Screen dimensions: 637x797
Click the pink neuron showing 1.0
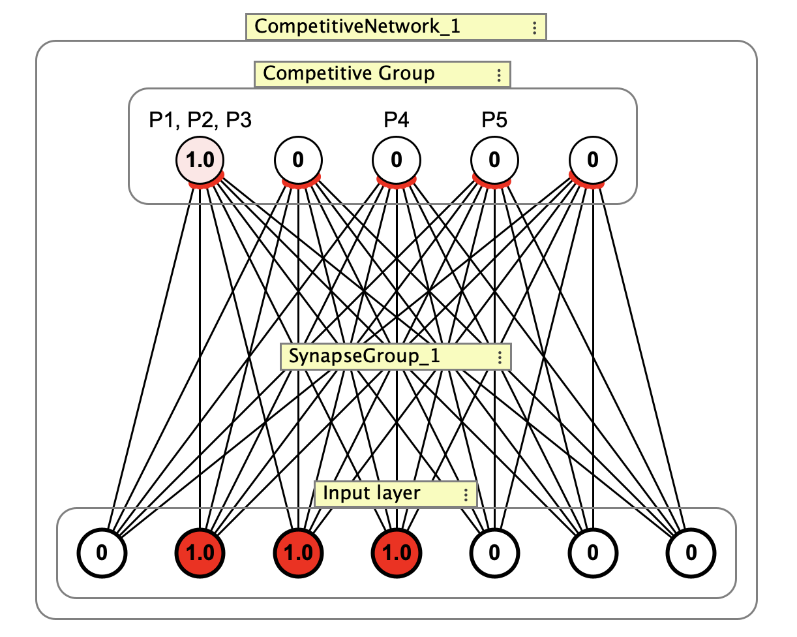point(200,160)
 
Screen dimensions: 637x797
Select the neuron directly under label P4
point(396,160)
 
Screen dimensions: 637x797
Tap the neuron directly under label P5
point(494,160)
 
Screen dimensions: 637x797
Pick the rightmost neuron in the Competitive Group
point(592,160)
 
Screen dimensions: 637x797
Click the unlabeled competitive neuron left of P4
point(298,160)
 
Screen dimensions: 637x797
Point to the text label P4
point(396,121)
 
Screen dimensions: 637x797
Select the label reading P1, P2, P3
point(200,121)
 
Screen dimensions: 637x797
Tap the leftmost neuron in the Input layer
point(102,553)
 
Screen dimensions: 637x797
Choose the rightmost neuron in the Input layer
point(691,553)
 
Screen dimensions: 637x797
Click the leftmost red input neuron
point(200,553)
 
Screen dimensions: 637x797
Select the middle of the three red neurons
point(298,553)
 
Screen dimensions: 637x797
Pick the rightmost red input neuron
point(396,553)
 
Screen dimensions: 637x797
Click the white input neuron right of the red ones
point(494,553)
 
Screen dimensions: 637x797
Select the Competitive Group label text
point(348,73)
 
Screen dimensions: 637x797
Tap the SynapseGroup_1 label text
point(364,356)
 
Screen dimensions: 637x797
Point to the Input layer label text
point(372,493)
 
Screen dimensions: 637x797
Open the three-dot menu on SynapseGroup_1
point(499,358)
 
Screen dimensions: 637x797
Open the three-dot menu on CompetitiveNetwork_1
point(534,28)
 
